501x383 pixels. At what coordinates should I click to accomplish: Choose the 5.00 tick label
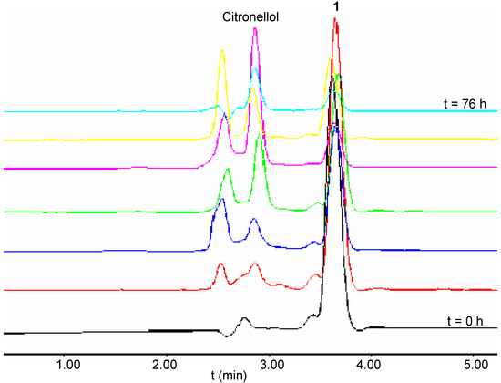pos(472,362)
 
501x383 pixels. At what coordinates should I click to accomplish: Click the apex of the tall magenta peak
pos(255,29)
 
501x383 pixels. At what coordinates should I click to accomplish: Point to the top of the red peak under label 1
pos(336,22)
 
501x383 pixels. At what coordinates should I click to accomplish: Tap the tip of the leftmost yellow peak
pos(222,51)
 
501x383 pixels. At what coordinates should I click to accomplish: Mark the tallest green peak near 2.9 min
pos(260,136)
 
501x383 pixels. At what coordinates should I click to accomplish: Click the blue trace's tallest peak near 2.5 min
pos(222,201)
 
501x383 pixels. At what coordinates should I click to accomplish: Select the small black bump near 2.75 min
pos(244,318)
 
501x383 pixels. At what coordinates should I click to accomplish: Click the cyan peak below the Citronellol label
pos(256,67)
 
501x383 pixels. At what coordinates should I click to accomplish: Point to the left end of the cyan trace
pos(5,112)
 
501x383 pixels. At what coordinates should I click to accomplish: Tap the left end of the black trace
pos(5,334)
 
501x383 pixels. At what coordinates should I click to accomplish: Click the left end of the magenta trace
pos(5,170)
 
